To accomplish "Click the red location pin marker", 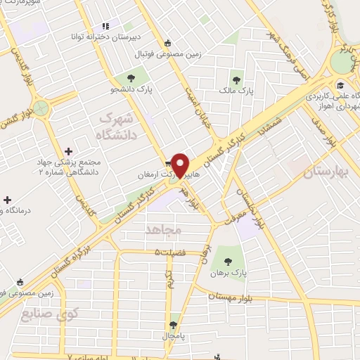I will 182,165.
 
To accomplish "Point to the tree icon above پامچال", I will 174,326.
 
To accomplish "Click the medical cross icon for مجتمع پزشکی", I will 68,151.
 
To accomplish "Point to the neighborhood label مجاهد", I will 163,230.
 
